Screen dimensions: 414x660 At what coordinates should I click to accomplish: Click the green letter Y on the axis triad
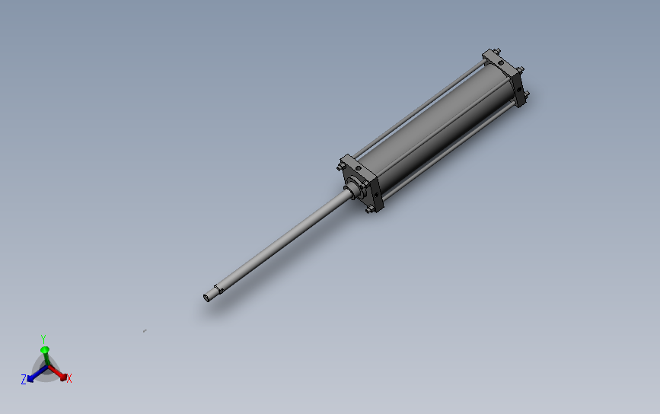43,339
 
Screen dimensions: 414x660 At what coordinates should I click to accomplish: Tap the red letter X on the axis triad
69,378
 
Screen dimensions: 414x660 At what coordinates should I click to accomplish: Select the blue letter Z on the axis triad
24,379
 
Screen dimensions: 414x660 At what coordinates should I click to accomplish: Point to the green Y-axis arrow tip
44,350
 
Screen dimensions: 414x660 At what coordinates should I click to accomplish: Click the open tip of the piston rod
206,297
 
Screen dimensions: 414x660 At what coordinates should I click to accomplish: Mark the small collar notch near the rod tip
218,288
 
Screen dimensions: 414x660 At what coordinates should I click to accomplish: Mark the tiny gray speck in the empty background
144,331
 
